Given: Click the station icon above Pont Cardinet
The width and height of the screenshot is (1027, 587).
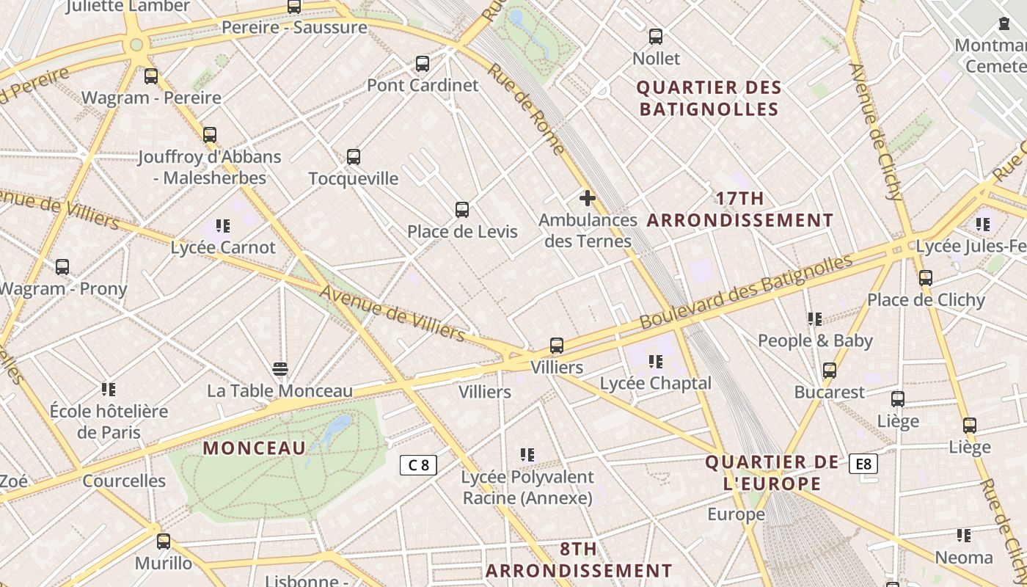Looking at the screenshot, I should click(x=423, y=64).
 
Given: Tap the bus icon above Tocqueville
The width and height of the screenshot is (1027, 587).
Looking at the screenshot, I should click(x=354, y=157).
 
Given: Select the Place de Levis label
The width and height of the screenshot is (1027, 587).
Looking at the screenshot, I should click(x=462, y=232).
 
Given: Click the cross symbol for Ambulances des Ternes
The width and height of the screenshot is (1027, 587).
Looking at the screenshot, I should click(x=588, y=198).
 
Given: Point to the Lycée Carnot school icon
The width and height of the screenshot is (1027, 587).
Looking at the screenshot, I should click(x=223, y=226).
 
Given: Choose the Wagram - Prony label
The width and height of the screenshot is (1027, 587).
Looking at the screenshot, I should click(x=63, y=288).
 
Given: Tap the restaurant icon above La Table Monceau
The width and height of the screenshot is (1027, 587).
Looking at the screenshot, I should click(x=279, y=368).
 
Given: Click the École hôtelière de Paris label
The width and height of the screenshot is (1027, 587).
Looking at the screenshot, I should click(x=109, y=421).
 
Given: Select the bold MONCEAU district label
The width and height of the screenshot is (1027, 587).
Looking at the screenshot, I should click(x=254, y=448).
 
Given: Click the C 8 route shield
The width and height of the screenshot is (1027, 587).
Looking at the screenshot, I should click(x=418, y=464).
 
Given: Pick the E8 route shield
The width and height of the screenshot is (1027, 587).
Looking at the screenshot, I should click(x=863, y=464).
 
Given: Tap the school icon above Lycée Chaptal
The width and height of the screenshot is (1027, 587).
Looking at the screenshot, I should click(x=656, y=361).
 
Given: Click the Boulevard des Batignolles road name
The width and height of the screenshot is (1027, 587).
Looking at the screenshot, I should click(x=745, y=291).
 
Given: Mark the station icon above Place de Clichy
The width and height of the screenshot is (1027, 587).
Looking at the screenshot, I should click(x=926, y=278).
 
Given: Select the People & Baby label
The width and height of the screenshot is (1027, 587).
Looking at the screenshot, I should click(x=815, y=340).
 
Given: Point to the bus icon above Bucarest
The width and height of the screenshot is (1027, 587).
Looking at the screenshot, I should click(x=830, y=371).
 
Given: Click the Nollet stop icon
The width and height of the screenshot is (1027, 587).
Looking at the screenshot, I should click(x=656, y=37).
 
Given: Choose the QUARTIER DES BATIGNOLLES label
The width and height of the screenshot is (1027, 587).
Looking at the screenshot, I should click(x=709, y=98).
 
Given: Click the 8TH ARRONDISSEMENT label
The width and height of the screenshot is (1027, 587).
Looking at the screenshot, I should click(x=579, y=560).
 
